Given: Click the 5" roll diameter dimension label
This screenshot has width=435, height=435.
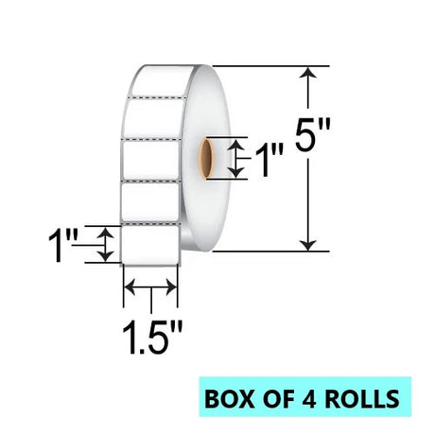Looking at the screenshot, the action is [313, 135].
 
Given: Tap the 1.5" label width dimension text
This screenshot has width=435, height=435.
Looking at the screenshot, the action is [152, 338].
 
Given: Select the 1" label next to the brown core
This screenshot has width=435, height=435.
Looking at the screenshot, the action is [270, 161].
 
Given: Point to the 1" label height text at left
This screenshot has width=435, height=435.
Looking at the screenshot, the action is [62, 246].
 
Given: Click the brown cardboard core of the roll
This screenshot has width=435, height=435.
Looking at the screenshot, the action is [207, 159].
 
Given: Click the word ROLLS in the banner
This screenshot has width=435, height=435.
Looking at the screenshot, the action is [362, 398].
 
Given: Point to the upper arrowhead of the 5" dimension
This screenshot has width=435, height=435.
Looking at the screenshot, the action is [308, 72].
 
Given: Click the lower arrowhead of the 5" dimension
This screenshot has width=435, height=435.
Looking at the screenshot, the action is [308, 245].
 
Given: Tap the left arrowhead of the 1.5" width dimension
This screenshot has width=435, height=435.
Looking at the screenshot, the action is [130, 287].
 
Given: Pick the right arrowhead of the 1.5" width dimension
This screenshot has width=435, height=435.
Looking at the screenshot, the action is [171, 287].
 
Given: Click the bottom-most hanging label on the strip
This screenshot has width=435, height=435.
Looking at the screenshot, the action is [150, 245].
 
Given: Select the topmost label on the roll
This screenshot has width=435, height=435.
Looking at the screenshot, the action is [163, 80].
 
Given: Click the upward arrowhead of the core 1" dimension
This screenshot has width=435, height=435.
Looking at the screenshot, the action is [236, 145].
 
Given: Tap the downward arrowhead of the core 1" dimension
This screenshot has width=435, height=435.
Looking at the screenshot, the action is [236, 172].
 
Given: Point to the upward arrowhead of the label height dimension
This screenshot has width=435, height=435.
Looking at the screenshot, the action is [105, 233].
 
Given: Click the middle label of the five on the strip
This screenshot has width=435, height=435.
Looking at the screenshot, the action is [150, 160].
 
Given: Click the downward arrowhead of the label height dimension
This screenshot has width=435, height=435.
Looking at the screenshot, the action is [105, 256].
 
